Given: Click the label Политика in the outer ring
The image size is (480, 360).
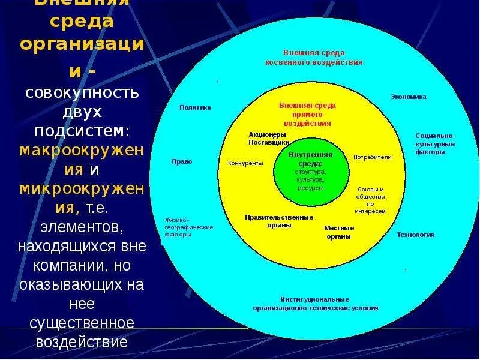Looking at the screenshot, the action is click(195, 107).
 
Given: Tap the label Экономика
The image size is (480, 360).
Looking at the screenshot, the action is click(408, 96).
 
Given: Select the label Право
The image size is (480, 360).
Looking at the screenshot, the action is click(182, 161).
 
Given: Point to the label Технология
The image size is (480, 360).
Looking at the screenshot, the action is click(415, 235).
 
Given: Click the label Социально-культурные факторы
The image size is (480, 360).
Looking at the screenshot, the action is click(434, 143).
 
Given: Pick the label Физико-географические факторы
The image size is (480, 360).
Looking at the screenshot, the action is click(188, 227).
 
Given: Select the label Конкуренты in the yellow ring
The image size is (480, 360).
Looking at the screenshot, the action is click(245, 163).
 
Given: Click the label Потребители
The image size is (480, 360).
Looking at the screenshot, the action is click(372, 157).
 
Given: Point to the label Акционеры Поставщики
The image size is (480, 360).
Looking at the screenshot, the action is click(269, 139).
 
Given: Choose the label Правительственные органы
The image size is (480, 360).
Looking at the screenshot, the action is click(279, 221).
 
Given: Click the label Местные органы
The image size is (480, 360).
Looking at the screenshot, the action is click(339, 232).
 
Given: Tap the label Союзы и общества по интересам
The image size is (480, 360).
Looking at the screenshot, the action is click(370, 200).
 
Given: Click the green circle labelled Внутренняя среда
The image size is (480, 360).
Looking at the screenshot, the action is click(310, 171).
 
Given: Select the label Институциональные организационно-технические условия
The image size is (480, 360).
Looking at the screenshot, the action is click(314, 303).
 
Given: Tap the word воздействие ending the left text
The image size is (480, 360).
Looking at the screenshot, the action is click(82, 343).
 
